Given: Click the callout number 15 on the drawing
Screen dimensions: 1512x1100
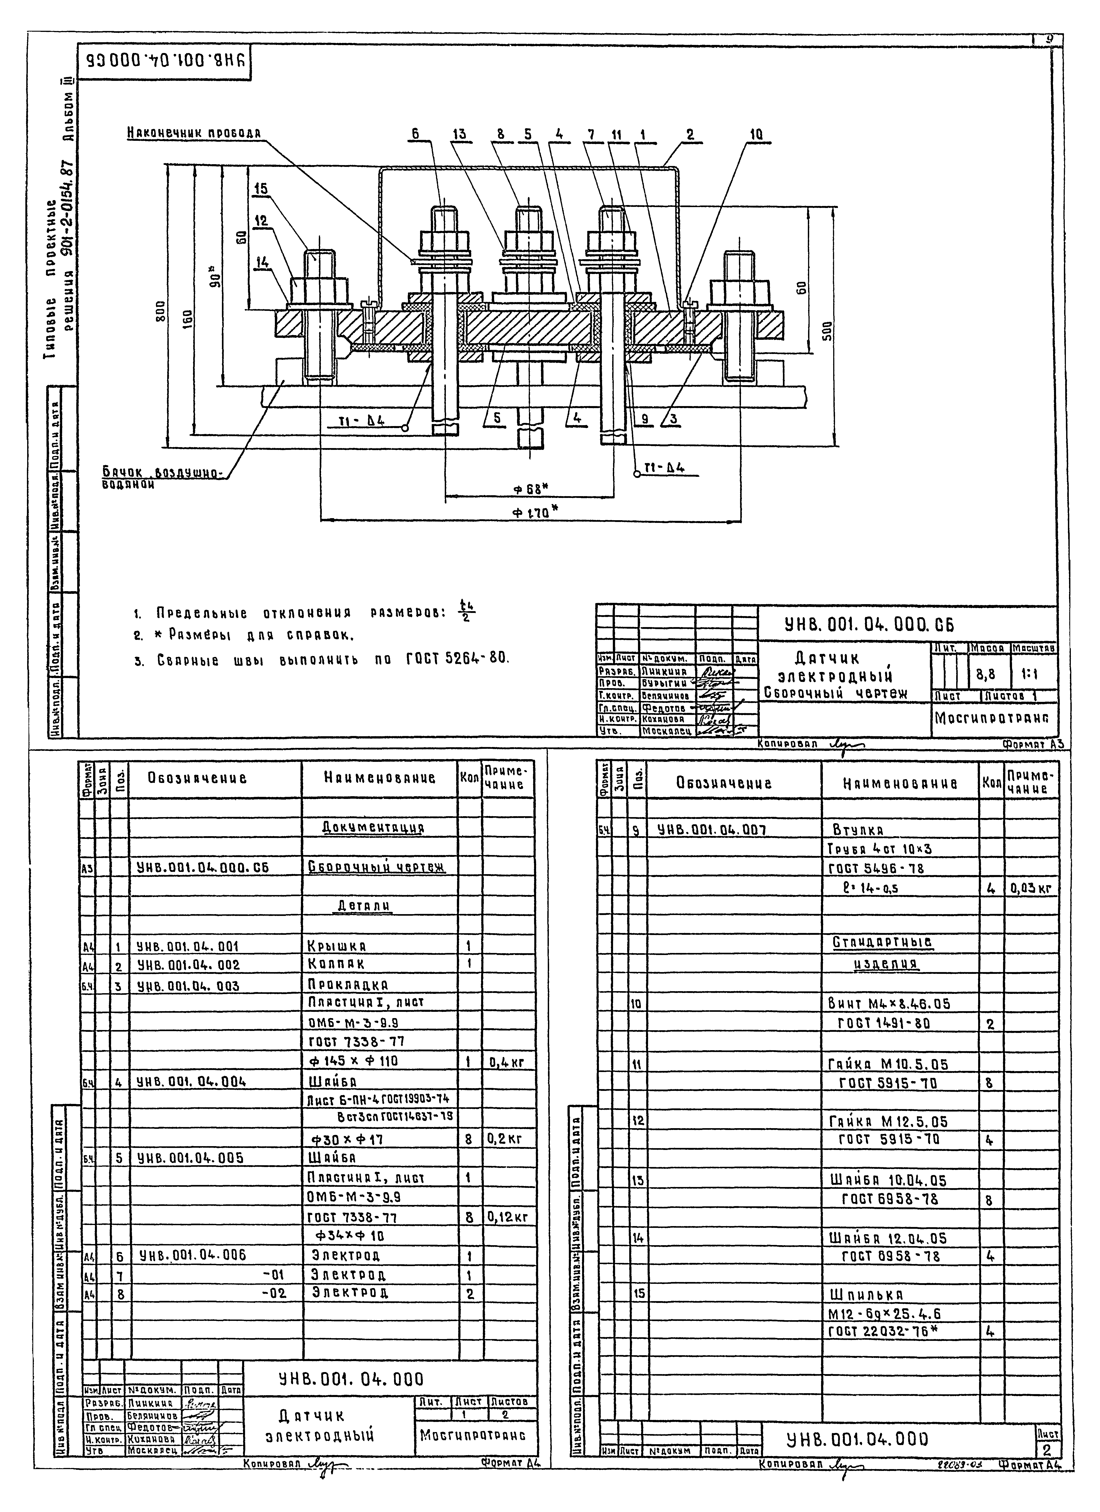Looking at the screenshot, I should (261, 189).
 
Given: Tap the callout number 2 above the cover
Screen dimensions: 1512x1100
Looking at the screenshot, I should (690, 134).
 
